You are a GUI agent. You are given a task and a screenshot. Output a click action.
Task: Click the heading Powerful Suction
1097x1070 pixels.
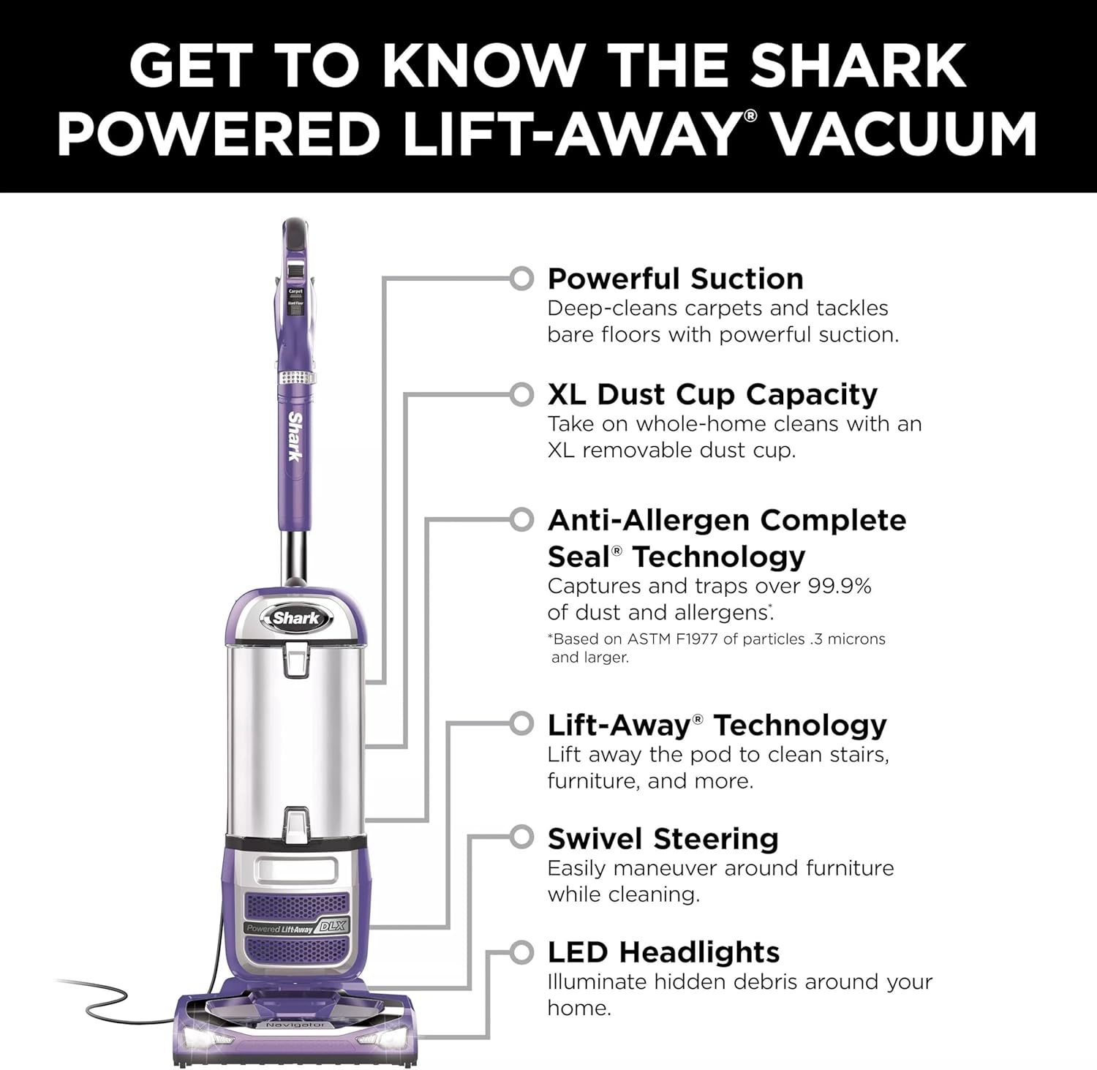675,279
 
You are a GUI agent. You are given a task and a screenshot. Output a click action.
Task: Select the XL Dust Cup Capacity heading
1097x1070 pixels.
712,394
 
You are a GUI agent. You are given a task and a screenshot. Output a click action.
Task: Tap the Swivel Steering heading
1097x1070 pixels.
663,839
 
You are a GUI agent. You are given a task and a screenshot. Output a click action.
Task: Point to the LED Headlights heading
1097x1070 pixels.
664,952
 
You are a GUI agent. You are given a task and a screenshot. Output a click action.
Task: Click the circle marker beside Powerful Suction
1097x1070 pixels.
521,279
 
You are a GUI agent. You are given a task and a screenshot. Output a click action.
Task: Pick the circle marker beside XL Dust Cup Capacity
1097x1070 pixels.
521,395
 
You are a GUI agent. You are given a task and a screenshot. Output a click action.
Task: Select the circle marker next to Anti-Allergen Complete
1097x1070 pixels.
521,520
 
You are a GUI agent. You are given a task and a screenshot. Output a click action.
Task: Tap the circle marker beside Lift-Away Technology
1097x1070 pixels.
521,724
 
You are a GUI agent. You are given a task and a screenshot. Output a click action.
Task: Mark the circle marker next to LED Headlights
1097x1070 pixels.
521,952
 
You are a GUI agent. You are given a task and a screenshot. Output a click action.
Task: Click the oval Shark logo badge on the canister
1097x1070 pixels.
296,618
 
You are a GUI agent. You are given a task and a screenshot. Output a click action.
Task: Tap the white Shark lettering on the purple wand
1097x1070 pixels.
295,437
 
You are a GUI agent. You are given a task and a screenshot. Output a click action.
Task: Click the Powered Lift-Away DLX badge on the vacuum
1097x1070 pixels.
298,927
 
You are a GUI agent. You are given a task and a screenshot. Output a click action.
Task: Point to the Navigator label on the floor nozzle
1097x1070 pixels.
295,1025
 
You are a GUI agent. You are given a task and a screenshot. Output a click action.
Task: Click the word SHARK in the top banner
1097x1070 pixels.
858,66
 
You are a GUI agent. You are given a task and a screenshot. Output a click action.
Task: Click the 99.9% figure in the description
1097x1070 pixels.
840,587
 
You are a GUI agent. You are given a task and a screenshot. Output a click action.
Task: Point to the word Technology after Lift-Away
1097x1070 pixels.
800,726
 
